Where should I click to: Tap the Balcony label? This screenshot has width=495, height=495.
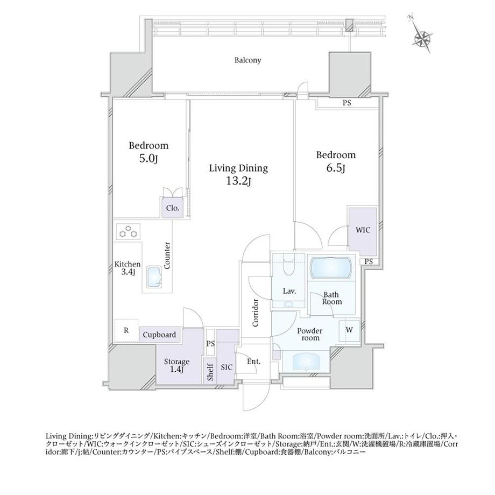tap(247, 60)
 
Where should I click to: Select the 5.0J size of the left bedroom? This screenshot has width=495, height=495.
tap(148, 159)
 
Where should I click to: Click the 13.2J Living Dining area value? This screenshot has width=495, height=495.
tap(238, 181)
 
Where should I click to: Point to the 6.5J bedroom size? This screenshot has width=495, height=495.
tap(335, 168)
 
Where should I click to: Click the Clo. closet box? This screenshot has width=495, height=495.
tap(172, 208)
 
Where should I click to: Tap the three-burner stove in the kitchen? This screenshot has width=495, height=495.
tap(128, 232)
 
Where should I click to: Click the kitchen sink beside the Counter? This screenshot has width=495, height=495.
tap(154, 277)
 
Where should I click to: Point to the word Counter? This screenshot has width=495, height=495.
tap(167, 256)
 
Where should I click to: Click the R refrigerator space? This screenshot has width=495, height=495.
tap(126, 330)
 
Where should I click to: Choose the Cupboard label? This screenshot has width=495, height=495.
tap(159, 335)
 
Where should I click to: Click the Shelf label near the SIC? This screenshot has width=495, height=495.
tap(210, 372)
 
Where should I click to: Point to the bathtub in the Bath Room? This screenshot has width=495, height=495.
tap(330, 268)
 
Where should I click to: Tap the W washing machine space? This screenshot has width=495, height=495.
tap(350, 330)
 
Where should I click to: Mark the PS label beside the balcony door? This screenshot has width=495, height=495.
tap(346, 103)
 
